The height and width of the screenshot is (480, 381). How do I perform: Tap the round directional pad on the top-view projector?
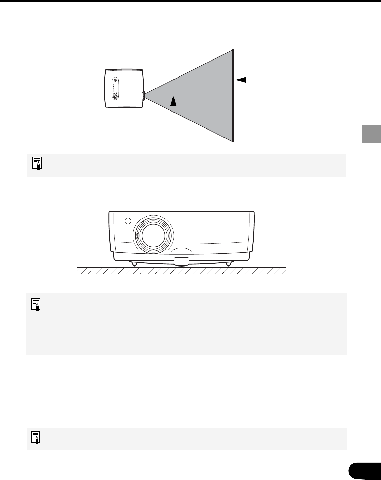coord(116,96)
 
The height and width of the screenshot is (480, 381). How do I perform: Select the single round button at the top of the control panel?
coord(116,80)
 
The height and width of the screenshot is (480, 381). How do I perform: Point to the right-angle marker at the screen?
coord(230,94)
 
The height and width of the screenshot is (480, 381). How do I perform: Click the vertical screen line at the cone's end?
coord(233,96)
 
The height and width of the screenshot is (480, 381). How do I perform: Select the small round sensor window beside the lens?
coord(127,221)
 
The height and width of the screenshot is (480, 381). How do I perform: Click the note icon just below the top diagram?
coord(37,163)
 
